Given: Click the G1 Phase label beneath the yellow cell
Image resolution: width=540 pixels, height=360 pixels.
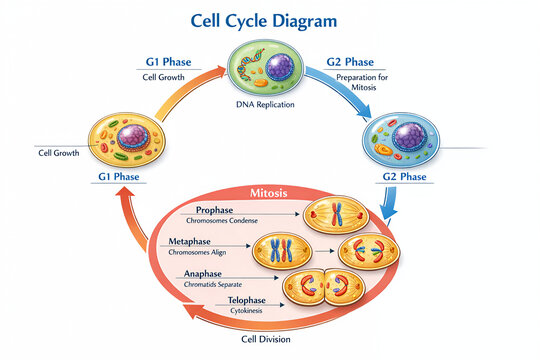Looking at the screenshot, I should coord(119,176).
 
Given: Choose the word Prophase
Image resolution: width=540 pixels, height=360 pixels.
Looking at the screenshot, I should coord(214,210).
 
